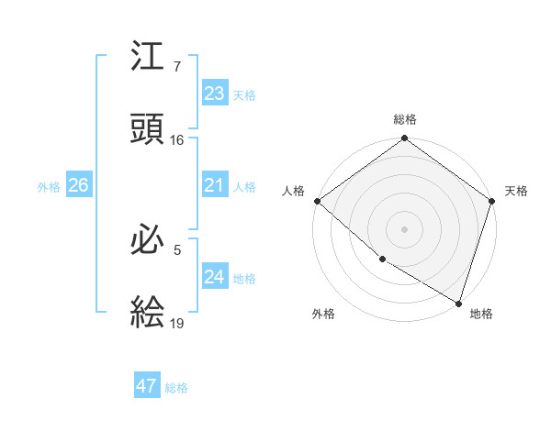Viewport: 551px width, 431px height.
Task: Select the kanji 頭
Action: click(x=148, y=129)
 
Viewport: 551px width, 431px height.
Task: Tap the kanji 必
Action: click(x=148, y=240)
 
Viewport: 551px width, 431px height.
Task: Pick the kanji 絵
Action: click(x=148, y=314)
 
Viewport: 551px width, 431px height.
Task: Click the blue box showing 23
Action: click(x=214, y=94)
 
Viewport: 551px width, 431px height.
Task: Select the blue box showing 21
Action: click(x=214, y=186)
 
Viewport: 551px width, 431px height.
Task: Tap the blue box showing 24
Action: click(x=214, y=277)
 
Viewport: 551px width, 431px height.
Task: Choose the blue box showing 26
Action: click(x=78, y=186)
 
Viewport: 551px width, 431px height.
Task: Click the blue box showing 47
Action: click(x=147, y=386)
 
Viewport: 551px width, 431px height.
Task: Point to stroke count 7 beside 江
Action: click(x=177, y=67)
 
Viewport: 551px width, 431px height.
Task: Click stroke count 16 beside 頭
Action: click(x=177, y=140)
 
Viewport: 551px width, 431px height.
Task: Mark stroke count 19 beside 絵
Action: click(x=177, y=324)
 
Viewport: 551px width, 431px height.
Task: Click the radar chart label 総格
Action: click(x=405, y=119)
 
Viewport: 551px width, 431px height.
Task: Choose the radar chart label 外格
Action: click(x=323, y=314)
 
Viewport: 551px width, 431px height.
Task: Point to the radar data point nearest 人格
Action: click(x=317, y=201)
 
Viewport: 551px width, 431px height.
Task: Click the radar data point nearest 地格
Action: click(x=458, y=302)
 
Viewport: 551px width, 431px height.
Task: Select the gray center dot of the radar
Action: click(x=405, y=229)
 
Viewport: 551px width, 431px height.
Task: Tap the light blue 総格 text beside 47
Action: click(x=177, y=388)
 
